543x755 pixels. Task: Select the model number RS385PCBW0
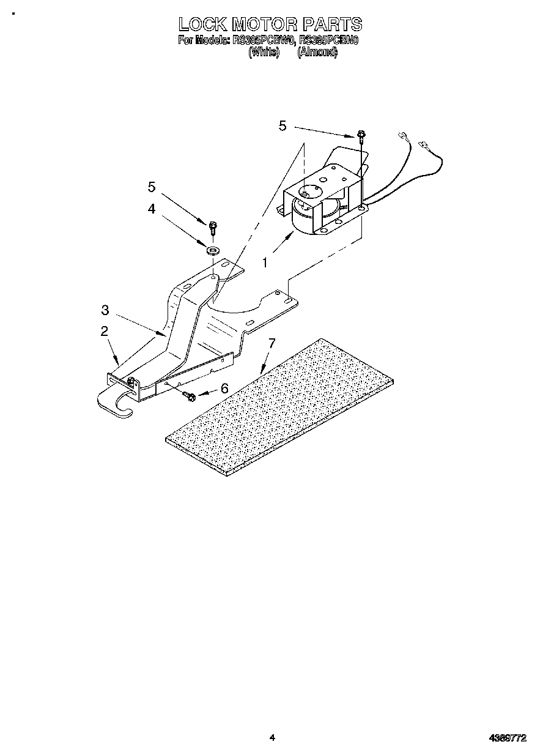264,42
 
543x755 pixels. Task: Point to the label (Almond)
317,52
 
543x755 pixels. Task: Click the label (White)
264,52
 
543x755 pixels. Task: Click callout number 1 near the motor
265,262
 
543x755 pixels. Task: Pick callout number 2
105,331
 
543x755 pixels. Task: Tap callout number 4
152,208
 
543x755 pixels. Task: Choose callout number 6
224,388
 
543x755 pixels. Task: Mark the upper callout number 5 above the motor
283,125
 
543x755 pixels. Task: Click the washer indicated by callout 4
213,250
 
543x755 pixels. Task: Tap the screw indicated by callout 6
190,397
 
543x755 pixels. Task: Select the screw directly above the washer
213,228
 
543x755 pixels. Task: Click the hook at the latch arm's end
116,406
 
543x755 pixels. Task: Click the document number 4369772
508,738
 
